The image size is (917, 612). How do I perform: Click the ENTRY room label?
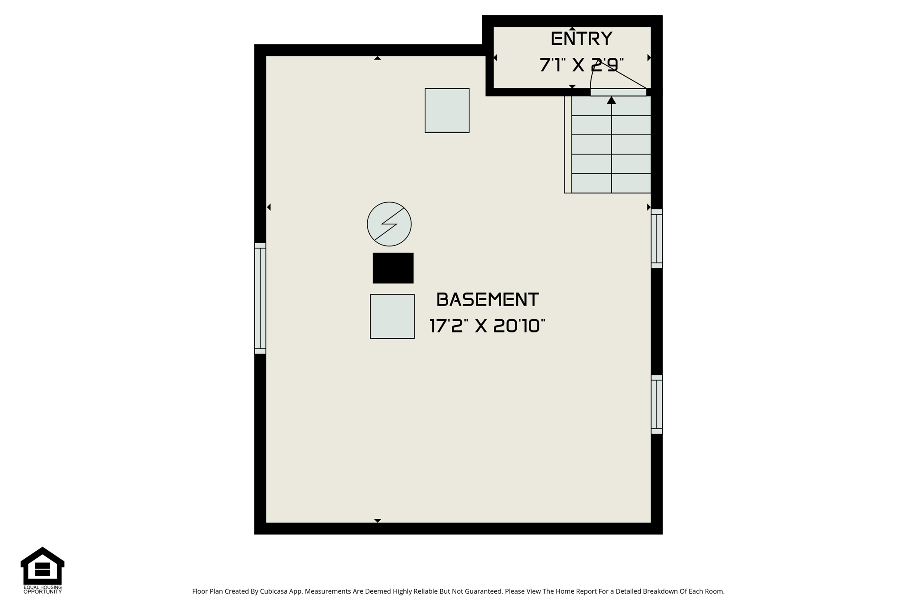581,39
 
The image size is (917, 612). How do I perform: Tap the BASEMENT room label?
487,300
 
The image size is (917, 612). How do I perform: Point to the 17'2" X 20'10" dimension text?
487,326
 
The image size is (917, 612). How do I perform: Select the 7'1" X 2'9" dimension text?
581,65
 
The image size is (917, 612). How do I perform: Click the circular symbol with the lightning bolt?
389,224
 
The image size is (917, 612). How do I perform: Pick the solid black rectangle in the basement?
393,268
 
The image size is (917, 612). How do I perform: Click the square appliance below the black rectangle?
392,316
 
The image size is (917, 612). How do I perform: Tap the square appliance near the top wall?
447,111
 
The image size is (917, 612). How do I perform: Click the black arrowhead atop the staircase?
611,100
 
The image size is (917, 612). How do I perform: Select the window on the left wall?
260,298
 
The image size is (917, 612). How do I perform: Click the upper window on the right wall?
656,238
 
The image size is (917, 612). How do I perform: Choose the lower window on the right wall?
656,404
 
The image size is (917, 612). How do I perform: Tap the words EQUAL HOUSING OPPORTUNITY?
43,590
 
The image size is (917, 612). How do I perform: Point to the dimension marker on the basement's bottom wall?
377,521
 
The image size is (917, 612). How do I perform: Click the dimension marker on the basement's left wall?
269,207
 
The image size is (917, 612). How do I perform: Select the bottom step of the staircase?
611,183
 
